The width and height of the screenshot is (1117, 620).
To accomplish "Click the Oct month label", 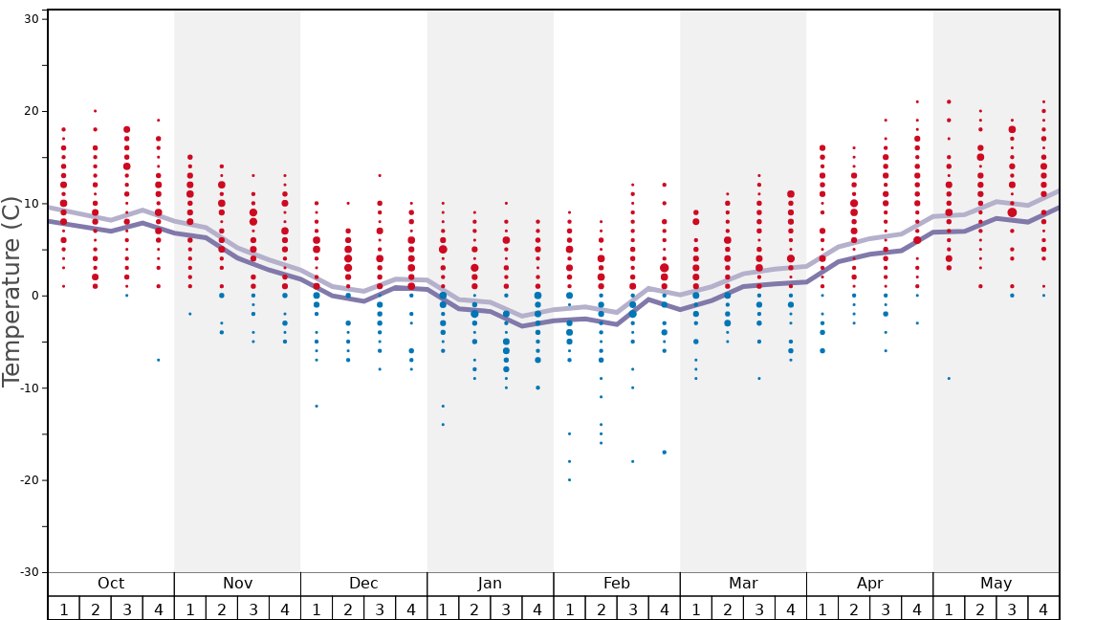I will click(111, 584).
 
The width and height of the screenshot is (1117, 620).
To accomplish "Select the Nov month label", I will click(237, 584).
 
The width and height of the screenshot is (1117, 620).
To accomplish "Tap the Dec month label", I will click(363, 584).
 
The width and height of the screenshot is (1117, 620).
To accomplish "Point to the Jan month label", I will click(490, 584).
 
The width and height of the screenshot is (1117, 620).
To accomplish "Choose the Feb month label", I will click(617, 584).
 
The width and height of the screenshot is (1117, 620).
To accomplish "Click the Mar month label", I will click(743, 584).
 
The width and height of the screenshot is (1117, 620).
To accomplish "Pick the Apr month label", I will click(869, 584).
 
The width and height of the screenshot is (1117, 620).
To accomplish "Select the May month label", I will click(996, 584).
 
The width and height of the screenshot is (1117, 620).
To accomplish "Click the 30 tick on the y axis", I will click(30, 19).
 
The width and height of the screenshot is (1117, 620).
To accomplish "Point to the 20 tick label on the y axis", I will click(30, 111).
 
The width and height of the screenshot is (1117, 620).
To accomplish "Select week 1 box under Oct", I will click(64, 609).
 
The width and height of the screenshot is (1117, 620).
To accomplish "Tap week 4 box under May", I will click(1043, 609).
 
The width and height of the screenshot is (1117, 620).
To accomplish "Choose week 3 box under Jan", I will click(506, 609).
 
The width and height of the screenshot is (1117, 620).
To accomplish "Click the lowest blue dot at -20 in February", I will click(569, 479).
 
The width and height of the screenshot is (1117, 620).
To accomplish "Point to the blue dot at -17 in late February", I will click(664, 453).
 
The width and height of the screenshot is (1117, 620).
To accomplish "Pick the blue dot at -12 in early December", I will click(317, 406).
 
